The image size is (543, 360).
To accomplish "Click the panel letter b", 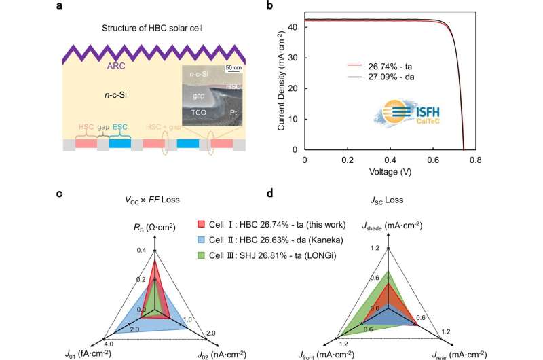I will click(x=291, y=8).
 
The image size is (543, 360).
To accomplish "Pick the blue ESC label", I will click(x=119, y=127).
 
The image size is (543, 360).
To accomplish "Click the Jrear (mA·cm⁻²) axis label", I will click(x=460, y=353).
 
